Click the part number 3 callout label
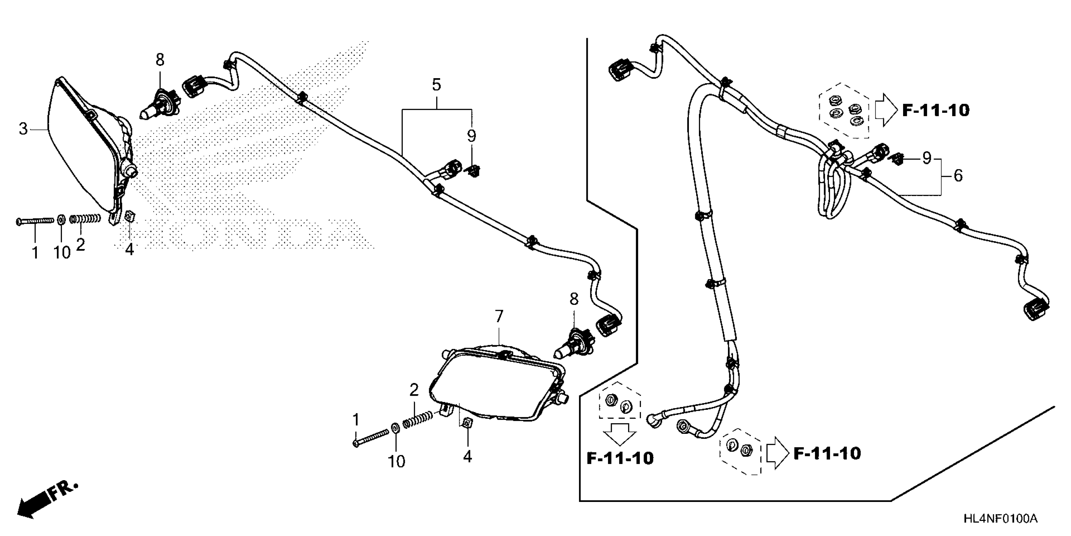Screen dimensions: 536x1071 click(x=23, y=129)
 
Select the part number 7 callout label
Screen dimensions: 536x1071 click(x=499, y=316)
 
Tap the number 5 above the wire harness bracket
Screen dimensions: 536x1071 click(x=436, y=85)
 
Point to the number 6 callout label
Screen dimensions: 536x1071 click(x=958, y=176)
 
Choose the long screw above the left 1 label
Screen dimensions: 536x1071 click(x=35, y=221)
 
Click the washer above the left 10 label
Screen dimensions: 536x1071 click(x=61, y=219)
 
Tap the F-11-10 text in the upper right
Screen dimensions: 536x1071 click(x=936, y=110)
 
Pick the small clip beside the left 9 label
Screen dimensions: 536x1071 click(x=473, y=170)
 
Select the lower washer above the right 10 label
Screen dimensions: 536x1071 click(x=395, y=428)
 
